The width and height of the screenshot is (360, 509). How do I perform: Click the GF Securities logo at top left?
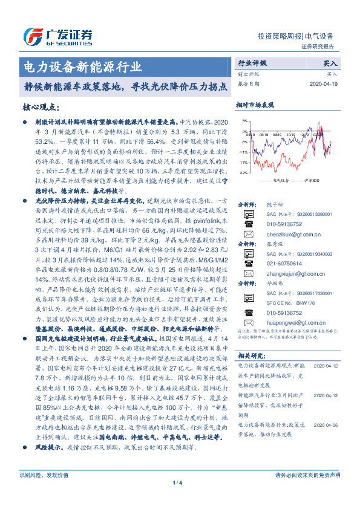57,34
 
